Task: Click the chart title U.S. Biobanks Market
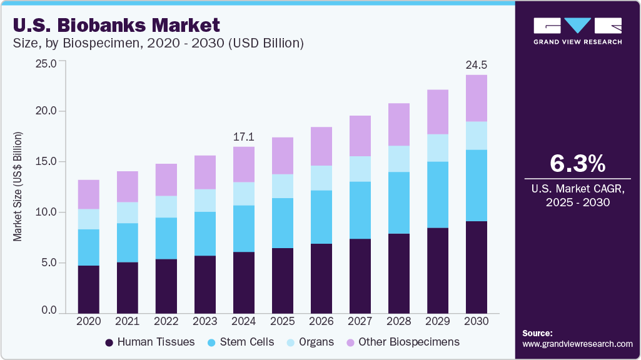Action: [x=116, y=26]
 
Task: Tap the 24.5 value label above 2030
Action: [x=476, y=65]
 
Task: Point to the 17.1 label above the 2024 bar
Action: [x=243, y=136]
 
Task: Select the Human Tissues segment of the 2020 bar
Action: [x=88, y=289]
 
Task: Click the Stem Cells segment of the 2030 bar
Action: [x=476, y=186]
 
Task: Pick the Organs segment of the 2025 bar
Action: [x=282, y=186]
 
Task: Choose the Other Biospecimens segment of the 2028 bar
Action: [x=398, y=124]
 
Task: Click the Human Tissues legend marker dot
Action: [x=109, y=342]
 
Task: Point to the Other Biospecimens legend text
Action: [x=409, y=342]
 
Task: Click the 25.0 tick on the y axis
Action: [x=47, y=63]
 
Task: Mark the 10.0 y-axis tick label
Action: [x=47, y=212]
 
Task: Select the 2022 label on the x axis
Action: [x=166, y=321]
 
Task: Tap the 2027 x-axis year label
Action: [x=360, y=321]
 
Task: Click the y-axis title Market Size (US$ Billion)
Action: [x=18, y=187]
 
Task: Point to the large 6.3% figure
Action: [x=577, y=164]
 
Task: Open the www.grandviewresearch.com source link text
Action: [x=577, y=344]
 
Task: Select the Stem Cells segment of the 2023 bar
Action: [x=204, y=234]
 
